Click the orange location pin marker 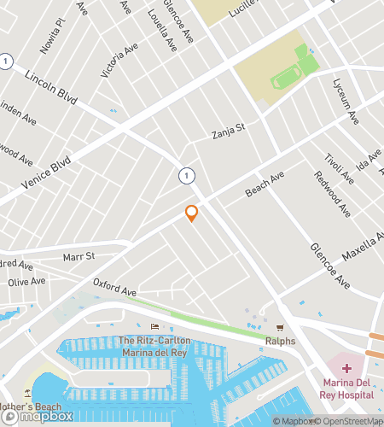[192, 213]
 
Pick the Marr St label [79, 255]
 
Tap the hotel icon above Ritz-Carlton [154, 327]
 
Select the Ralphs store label [279, 342]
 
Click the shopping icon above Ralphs [279, 328]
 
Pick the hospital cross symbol [346, 368]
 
